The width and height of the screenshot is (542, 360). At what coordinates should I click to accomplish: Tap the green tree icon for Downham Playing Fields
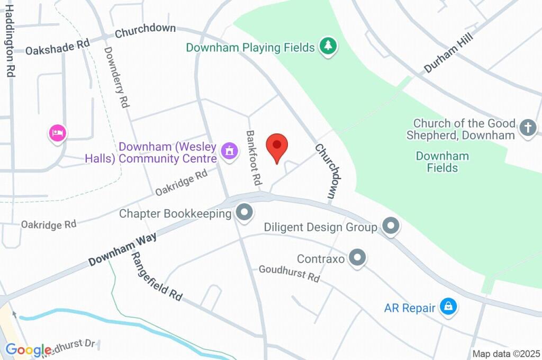coord(329,46)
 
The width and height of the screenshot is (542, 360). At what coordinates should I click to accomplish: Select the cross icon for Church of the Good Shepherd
coord(528,128)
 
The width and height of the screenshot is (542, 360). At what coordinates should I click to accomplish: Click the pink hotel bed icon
coord(58,132)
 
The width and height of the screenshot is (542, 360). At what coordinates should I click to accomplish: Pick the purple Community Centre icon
coord(229,151)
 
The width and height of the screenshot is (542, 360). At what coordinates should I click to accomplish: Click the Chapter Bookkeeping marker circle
coord(245,213)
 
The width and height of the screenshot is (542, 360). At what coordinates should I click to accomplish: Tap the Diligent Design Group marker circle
coord(391,226)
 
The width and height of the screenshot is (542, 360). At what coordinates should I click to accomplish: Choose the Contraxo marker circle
coord(358,258)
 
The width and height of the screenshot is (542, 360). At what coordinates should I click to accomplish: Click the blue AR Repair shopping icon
coord(449,307)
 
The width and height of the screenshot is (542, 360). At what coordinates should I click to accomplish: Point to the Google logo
coord(29,349)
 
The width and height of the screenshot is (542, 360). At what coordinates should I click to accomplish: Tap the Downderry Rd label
coord(117,77)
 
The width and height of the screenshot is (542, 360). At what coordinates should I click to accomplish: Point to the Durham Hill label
coord(447,55)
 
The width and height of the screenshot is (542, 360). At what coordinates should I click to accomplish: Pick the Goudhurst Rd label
coord(289,273)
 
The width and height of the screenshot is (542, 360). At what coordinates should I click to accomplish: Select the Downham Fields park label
coord(442,162)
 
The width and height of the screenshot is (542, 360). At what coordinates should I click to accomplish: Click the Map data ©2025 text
coord(507,354)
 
